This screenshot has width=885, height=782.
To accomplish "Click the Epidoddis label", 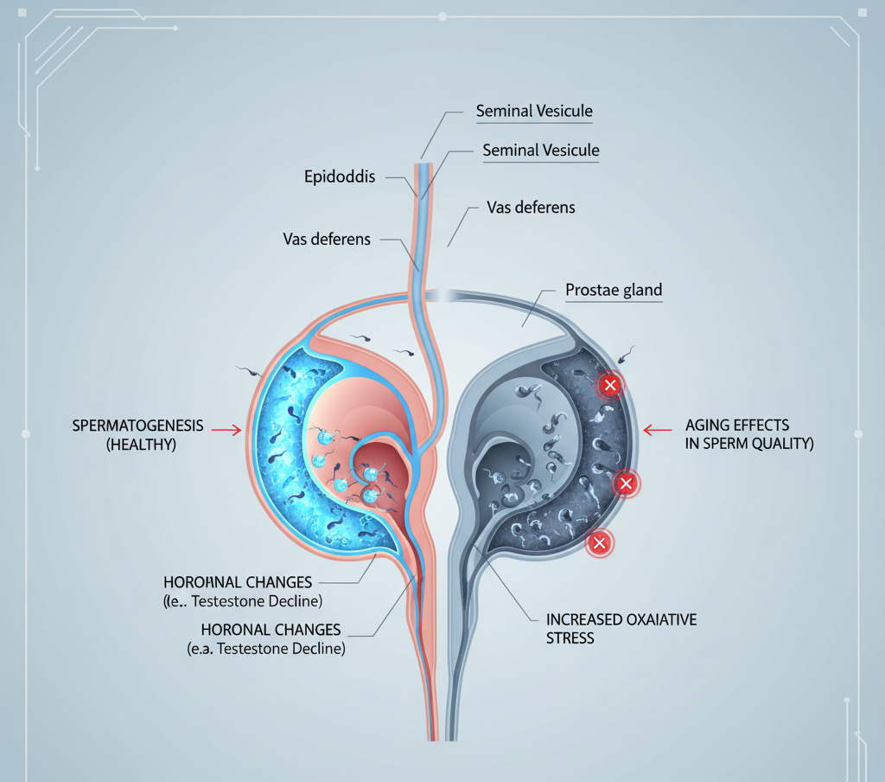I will pyautogui.click(x=340, y=176).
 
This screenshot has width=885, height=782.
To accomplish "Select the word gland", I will pyautogui.click(x=641, y=292).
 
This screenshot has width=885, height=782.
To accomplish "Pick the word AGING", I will pyautogui.click(x=709, y=426).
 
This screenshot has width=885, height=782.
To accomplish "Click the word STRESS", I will pyautogui.click(x=570, y=638).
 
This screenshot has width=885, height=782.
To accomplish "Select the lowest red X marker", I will pyautogui.click(x=598, y=543).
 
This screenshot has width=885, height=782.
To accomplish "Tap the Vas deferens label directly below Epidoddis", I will pyautogui.click(x=327, y=239).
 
